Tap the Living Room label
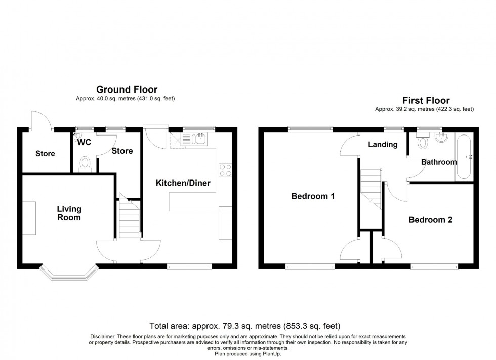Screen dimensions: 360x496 (69, 213)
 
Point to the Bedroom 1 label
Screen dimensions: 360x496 (313, 196)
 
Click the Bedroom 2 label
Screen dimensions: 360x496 (430, 220)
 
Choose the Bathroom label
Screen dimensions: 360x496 (439, 162)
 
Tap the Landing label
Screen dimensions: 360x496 (382, 145)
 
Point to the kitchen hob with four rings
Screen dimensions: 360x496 (224, 170)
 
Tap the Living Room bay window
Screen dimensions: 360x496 (68, 274)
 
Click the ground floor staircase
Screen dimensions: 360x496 (129, 217)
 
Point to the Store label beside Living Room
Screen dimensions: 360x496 (45, 154)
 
